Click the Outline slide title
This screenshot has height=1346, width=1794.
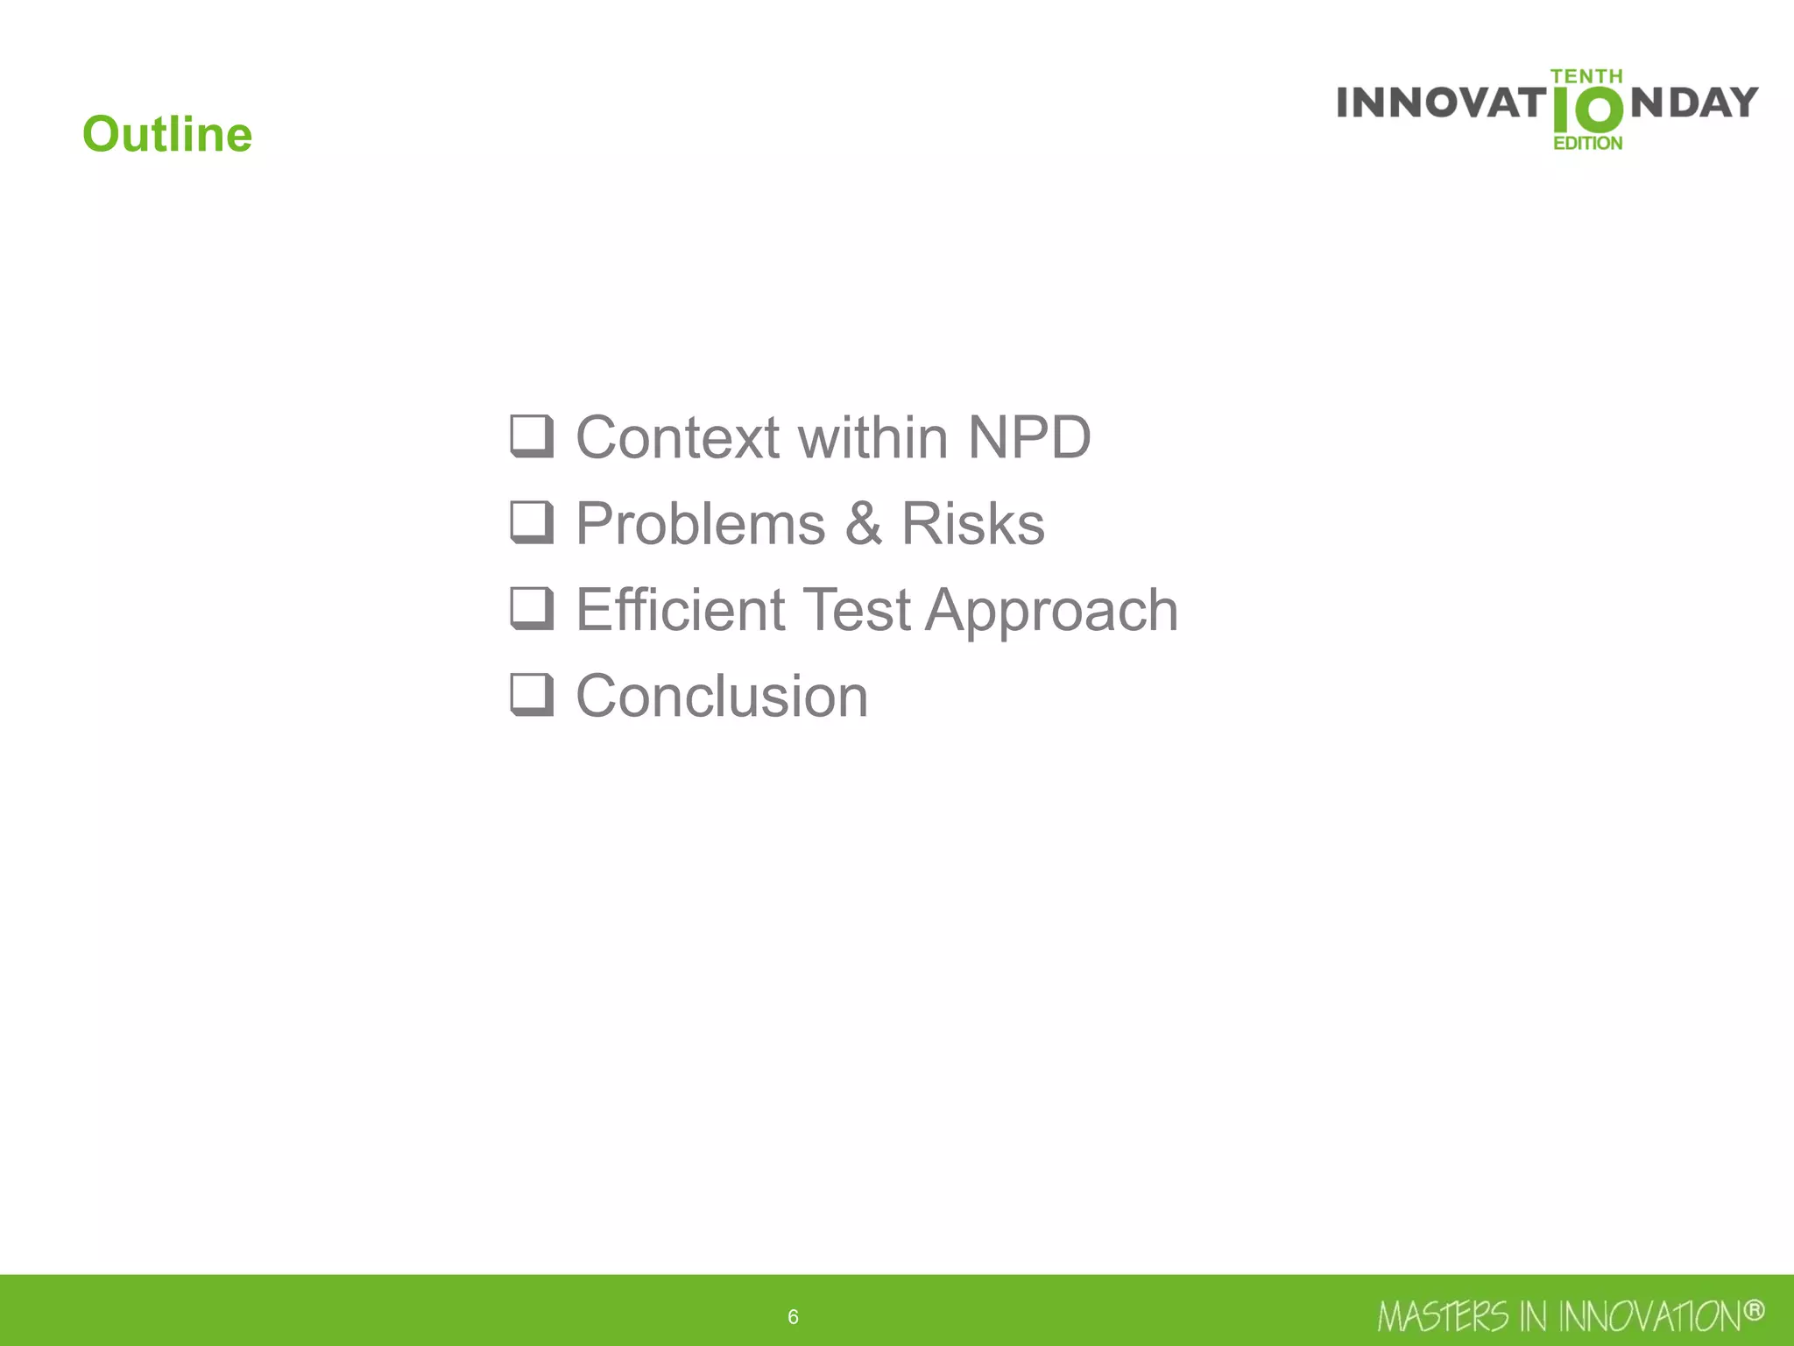(x=167, y=134)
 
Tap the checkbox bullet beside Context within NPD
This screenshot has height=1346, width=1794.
(x=532, y=436)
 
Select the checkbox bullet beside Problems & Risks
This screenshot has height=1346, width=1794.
(x=532, y=522)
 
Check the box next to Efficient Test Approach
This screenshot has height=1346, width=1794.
(x=532, y=608)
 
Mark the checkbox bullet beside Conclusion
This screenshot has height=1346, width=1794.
(x=532, y=694)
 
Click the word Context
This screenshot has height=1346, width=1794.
(x=677, y=437)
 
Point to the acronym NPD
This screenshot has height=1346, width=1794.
(x=1028, y=437)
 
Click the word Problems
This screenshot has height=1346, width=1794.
(x=701, y=524)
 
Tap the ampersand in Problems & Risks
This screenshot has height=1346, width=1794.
(x=863, y=524)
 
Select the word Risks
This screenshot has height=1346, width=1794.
(x=972, y=524)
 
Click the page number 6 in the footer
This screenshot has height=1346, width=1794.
(x=793, y=1316)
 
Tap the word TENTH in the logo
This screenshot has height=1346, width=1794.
(x=1586, y=76)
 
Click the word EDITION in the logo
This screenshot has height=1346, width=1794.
(x=1587, y=143)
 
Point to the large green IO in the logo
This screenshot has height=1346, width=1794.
(x=1586, y=110)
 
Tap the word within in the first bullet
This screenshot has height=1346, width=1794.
(x=872, y=437)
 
